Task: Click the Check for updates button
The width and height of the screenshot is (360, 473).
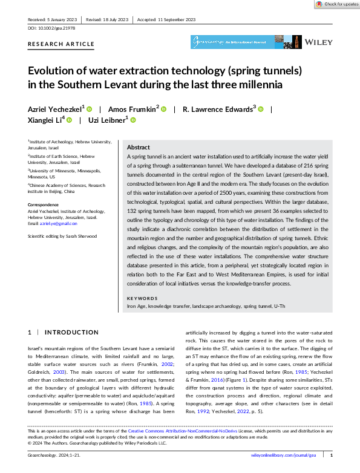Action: (335, 4)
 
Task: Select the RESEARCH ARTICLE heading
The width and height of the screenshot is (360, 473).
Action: (61, 44)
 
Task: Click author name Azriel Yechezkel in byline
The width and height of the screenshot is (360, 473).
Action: (56, 109)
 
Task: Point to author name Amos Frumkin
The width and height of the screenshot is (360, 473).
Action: (133, 109)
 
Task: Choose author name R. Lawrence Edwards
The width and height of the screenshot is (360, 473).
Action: (219, 109)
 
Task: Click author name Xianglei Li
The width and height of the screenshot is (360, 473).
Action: (46, 120)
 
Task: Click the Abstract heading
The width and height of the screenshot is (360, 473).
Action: (138, 147)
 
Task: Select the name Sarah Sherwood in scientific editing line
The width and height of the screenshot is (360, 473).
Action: (83, 236)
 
